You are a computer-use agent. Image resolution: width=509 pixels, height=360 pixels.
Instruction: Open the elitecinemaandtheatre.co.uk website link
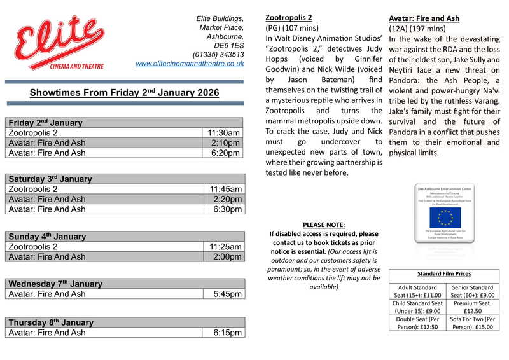190,64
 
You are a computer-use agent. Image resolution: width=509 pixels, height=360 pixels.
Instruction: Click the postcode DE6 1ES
229,46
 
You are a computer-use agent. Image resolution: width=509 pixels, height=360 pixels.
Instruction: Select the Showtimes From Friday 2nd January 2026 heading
124,93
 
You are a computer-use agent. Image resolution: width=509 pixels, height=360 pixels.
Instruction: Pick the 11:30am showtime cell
224,133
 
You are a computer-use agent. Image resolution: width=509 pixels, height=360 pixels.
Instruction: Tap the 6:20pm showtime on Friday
226,153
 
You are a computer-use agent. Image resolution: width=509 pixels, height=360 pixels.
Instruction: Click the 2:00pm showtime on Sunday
227,257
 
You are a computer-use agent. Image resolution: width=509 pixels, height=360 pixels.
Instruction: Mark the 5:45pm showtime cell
227,294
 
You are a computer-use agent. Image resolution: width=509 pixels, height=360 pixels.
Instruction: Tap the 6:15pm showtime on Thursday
227,333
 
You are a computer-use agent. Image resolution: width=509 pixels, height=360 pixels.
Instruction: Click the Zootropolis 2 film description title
289,17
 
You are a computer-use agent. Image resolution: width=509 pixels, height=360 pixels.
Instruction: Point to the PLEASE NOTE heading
324,225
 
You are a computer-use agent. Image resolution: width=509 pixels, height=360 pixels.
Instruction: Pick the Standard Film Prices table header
444,274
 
